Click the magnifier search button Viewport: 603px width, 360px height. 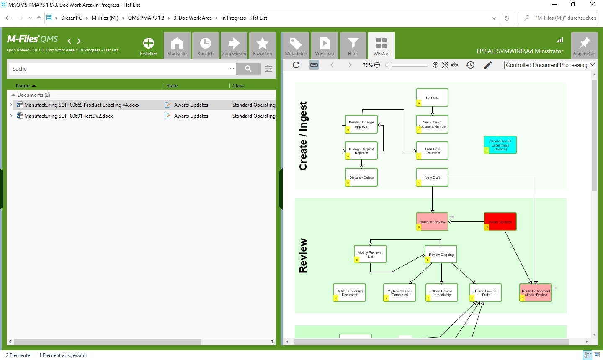(248, 69)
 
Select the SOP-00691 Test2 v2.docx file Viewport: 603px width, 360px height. (69, 116)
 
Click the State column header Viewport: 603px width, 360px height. (172, 86)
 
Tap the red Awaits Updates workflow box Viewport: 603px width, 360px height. (500, 221)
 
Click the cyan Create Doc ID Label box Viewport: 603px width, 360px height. (500, 145)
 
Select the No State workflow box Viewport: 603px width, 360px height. (432, 98)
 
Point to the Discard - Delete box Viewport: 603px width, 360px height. (361, 177)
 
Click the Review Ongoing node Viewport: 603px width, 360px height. (441, 255)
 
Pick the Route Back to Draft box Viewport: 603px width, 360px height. (485, 293)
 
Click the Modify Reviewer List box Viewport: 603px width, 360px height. (370, 254)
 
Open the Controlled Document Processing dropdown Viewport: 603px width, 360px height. (550, 65)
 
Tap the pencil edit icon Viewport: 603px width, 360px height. (488, 65)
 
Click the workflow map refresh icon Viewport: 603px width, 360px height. (296, 65)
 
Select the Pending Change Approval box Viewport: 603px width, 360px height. (361, 124)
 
